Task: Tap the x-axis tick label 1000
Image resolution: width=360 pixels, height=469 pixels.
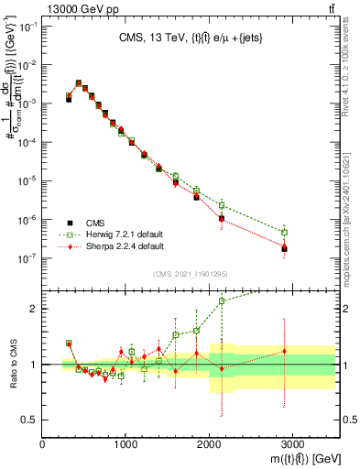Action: (125, 445)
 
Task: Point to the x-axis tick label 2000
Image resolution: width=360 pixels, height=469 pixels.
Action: (209, 445)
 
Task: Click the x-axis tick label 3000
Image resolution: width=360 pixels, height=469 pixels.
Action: (292, 445)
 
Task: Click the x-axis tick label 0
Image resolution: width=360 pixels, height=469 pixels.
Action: (43, 445)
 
